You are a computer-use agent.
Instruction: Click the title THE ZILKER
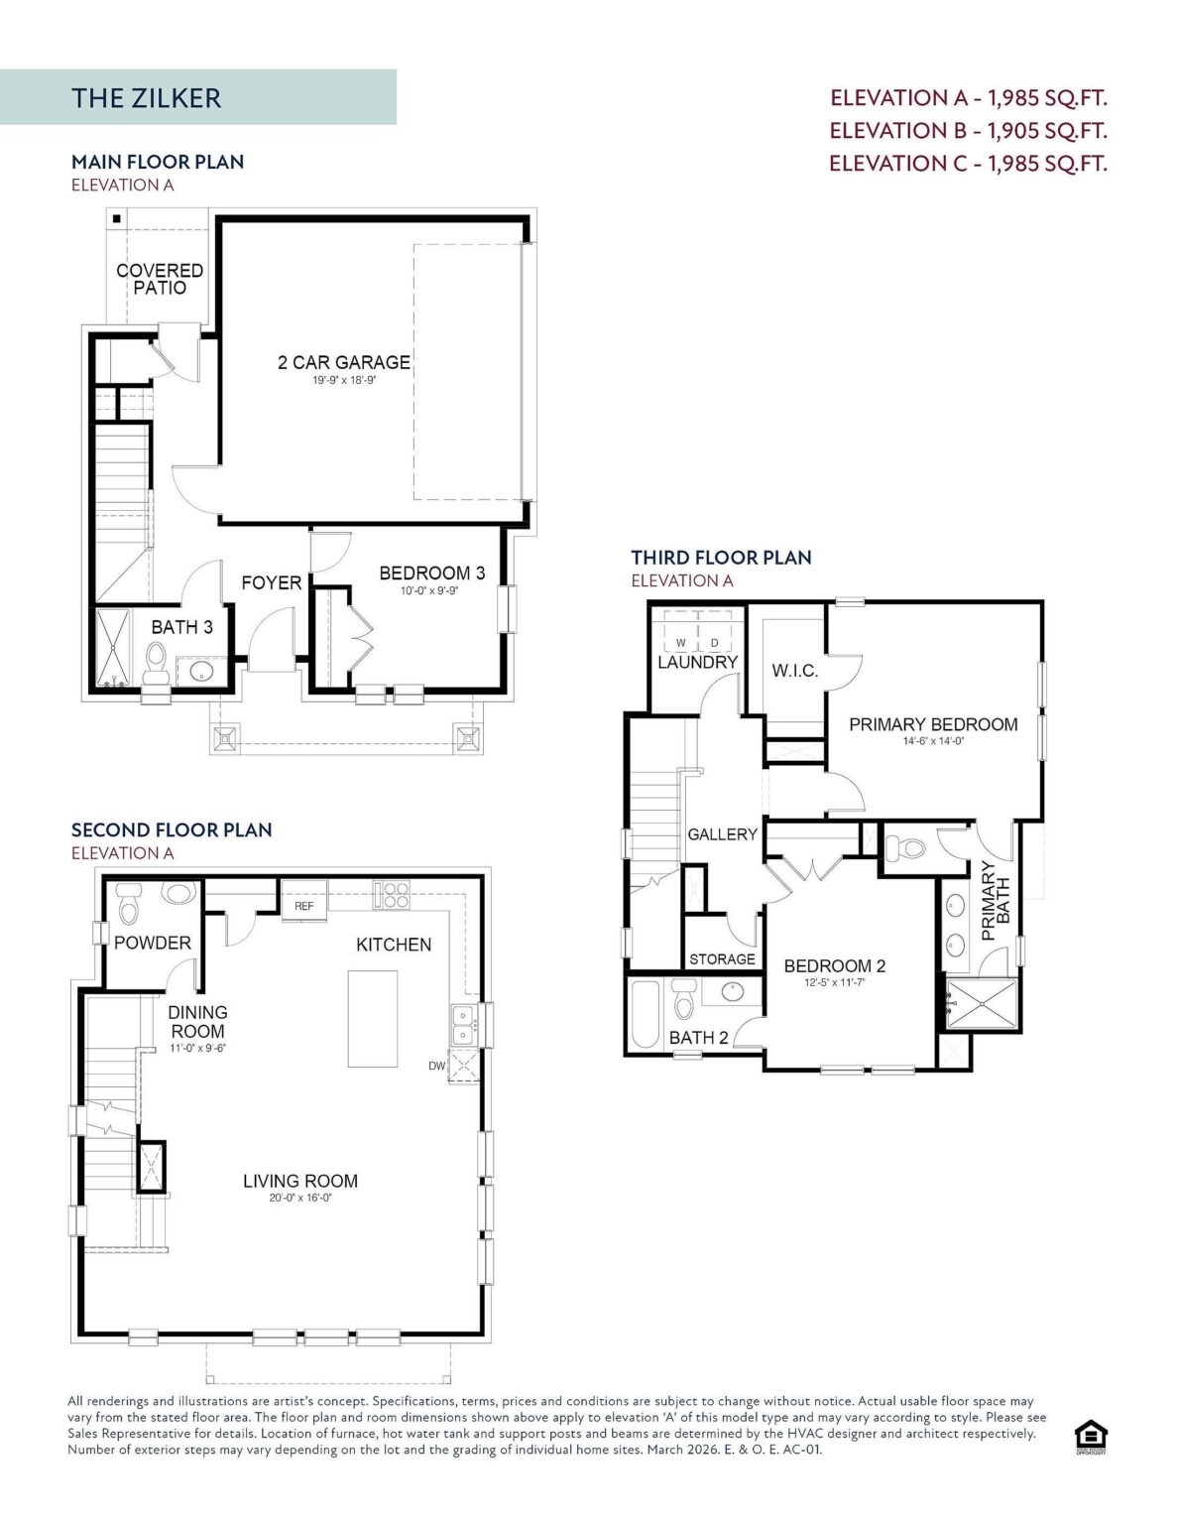pos(146,98)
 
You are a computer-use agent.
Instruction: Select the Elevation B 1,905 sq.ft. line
pos(968,130)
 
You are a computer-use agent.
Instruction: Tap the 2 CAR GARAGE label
pos(344,362)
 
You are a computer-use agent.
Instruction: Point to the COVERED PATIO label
pos(160,279)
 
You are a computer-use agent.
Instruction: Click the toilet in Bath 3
pos(155,664)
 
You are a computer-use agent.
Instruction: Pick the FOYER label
pos(271,582)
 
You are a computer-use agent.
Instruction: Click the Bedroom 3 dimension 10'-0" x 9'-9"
pos(428,590)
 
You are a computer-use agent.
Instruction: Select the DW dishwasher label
pos(436,1066)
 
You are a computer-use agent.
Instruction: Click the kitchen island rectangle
pos(373,1019)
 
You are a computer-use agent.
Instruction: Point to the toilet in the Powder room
pos(129,904)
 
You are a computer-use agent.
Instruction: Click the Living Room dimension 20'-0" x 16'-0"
pos(300,1199)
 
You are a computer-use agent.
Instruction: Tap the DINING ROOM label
pos(197,1022)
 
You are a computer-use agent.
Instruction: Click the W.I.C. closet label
pos(795,671)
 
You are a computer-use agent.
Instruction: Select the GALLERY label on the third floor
pos(722,834)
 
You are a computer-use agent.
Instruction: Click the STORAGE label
pos(722,959)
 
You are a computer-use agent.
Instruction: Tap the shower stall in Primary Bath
pos(981,1003)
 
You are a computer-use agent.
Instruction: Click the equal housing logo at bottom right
pos(1091,1438)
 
